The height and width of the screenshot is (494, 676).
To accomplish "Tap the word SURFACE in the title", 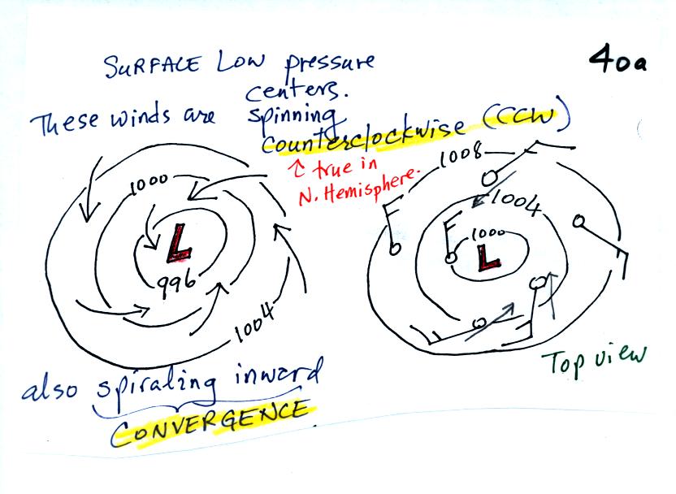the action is pos(153,66).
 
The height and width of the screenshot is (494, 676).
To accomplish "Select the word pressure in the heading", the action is pos(330,65).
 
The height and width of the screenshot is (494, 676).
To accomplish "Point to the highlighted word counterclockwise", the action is pos(363,136).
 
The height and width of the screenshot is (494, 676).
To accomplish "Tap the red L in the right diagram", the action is pos(488,258).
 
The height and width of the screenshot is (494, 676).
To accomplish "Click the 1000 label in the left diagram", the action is pos(149,185).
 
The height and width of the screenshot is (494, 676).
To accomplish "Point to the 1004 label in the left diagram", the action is pos(255,322).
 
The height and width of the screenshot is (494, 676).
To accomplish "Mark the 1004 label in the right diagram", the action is pos(515,202).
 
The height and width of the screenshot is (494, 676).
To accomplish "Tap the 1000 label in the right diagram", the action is pos(488,234).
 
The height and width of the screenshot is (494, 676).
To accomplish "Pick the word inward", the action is pos(278,375).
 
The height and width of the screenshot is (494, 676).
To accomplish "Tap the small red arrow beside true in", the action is pos(298,168).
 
